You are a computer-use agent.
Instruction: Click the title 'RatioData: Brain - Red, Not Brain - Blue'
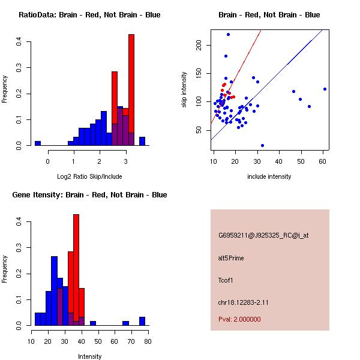click(x=89, y=14)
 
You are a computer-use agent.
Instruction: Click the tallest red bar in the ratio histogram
click(x=131, y=90)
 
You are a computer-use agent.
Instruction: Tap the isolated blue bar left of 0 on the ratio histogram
click(x=37, y=143)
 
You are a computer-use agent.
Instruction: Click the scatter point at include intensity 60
click(x=325, y=89)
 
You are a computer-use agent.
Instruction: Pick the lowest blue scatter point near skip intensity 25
click(x=262, y=145)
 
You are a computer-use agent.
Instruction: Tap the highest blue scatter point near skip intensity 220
click(x=228, y=34)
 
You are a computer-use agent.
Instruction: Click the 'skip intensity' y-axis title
click(x=185, y=90)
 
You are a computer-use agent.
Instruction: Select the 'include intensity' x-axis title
click(x=269, y=176)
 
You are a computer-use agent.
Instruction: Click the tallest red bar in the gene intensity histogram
click(x=76, y=269)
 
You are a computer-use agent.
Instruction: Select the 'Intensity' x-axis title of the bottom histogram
click(x=90, y=356)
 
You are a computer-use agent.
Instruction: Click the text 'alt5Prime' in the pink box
click(x=231, y=258)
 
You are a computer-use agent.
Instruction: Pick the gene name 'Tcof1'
click(x=226, y=280)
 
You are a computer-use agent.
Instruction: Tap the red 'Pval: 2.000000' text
click(x=240, y=319)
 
